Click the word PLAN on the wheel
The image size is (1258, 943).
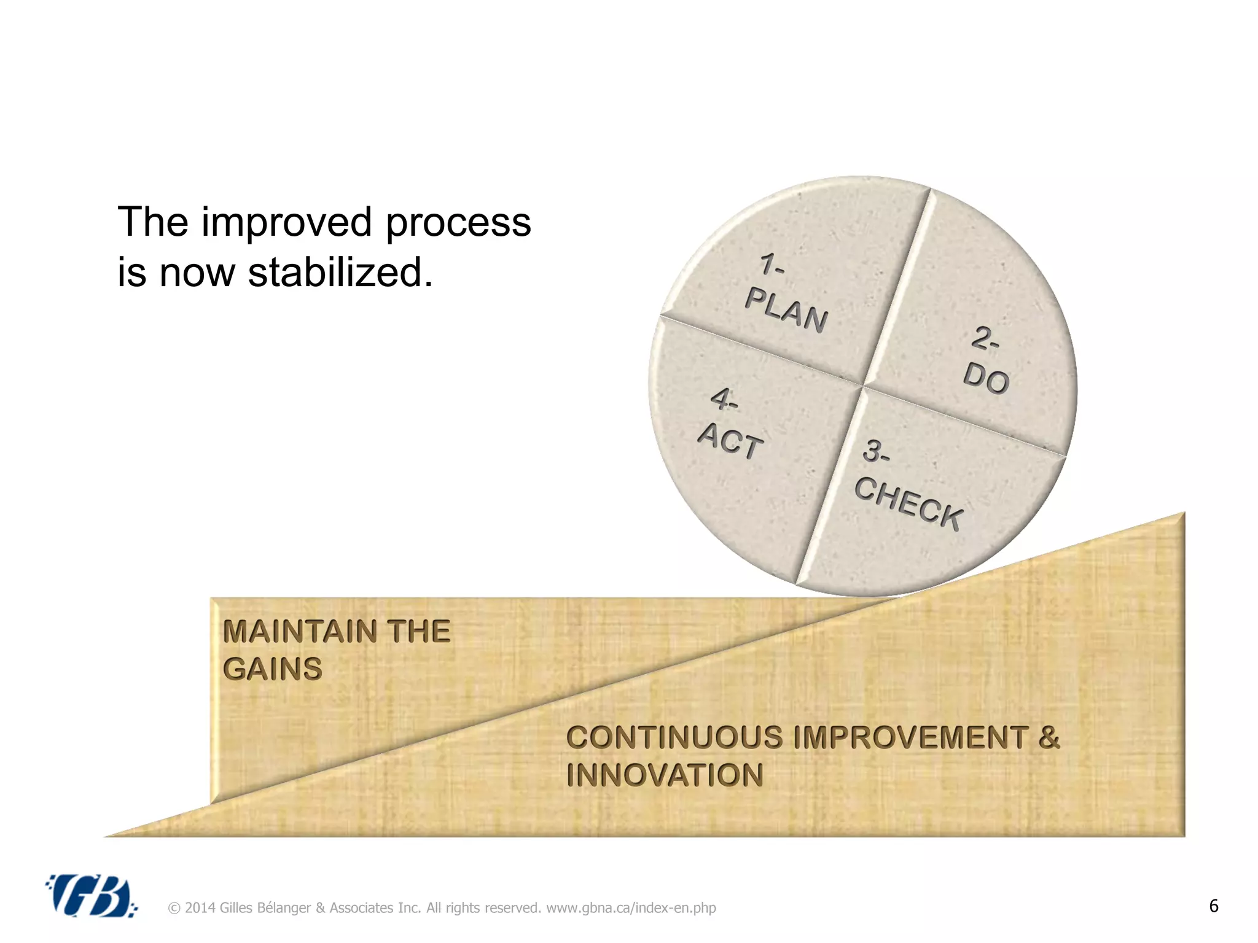click(x=786, y=311)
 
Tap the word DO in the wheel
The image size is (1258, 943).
click(x=986, y=377)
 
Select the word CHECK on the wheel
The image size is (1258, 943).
click(x=908, y=503)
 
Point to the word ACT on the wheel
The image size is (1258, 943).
click(x=730, y=441)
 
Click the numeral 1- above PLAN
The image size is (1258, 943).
click(x=772, y=265)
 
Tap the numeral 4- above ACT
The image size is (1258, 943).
click(x=724, y=400)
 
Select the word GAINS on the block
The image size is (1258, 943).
click(x=273, y=669)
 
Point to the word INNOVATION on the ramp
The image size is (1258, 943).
click(x=665, y=775)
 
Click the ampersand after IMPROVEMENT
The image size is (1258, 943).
click(x=1049, y=737)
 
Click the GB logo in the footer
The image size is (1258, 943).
click(x=91, y=896)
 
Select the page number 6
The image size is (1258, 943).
click(x=1213, y=906)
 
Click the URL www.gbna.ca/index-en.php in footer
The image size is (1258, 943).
click(x=631, y=908)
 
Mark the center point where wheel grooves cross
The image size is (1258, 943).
click(x=863, y=386)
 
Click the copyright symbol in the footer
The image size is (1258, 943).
click(x=174, y=908)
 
